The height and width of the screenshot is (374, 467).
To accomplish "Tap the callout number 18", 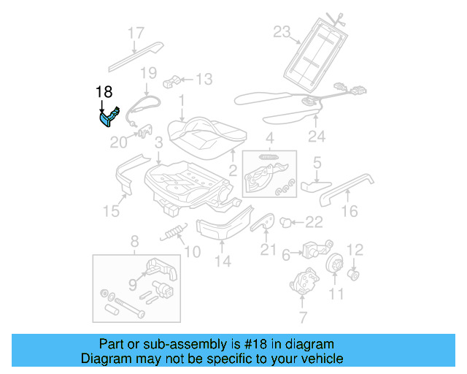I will click(105, 92).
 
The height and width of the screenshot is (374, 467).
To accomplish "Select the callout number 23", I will click(282, 31).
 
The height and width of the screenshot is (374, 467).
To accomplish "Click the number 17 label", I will click(136, 32).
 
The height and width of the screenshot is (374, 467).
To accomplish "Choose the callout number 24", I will click(315, 135).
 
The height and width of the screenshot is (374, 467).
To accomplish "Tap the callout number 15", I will click(110, 212).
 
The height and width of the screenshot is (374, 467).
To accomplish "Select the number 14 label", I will click(223, 261).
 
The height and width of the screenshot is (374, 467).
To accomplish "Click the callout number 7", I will click(303, 317).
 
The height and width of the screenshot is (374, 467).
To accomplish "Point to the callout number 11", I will click(336, 294).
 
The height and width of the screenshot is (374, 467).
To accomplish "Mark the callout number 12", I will click(355, 251).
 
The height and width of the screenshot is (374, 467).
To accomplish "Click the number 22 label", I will click(314, 222).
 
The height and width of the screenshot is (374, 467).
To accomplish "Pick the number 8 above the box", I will click(134, 242).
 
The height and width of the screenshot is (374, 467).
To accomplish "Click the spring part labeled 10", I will click(172, 234).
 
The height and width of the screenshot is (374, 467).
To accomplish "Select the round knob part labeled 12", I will click(355, 275).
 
